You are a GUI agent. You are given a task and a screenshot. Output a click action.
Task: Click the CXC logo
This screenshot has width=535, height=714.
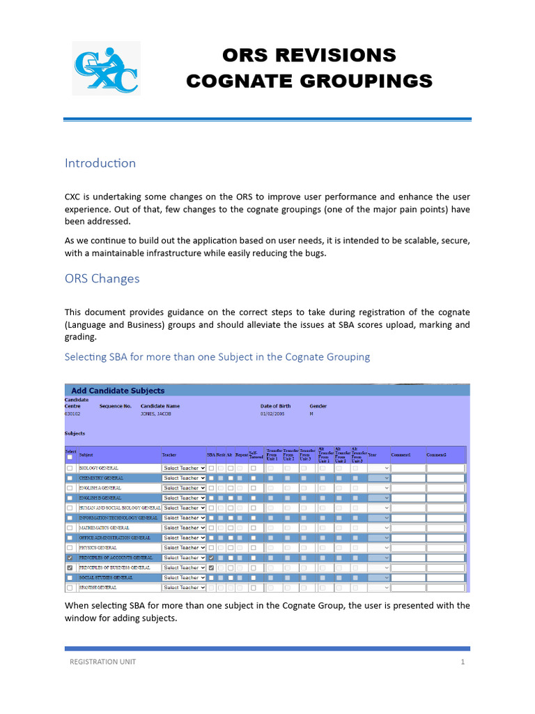106,68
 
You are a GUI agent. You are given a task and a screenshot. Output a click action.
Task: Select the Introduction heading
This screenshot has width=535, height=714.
100,163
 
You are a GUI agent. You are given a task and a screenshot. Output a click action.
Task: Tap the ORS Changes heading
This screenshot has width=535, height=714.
102,279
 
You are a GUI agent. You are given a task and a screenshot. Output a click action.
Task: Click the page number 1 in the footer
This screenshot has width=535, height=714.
462,662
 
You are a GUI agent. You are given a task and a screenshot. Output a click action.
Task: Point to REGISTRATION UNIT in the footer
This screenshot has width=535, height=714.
102,662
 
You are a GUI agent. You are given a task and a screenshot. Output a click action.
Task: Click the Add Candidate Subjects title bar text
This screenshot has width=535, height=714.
118,390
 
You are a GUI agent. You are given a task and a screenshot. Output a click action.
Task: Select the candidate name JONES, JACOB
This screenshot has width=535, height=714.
156,413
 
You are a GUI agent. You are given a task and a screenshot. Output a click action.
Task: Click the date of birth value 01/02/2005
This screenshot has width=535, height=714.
273,413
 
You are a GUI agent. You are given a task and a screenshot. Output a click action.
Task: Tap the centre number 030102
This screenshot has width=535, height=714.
72,413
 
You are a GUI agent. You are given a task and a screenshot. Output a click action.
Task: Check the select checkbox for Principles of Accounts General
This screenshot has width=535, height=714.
70,558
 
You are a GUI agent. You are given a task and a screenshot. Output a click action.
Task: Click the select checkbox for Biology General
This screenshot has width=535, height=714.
70,468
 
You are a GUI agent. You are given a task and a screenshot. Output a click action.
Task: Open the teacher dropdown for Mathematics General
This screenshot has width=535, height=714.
184,528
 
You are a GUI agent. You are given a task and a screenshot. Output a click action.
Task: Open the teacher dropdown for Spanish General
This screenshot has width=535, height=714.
184,588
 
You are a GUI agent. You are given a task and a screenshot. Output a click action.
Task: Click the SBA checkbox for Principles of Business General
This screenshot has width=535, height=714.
211,568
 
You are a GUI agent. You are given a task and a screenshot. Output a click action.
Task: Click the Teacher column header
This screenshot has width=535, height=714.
169,455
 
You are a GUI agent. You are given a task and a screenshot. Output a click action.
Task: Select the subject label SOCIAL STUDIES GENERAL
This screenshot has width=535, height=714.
106,578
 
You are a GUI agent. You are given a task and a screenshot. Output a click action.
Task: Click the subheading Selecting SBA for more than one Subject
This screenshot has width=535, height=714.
217,357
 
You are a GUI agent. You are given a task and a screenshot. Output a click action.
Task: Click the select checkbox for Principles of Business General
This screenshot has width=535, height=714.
70,568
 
